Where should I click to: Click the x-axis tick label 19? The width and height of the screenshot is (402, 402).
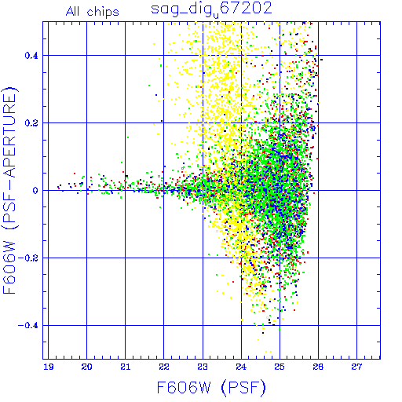pyautogui.click(x=48, y=367)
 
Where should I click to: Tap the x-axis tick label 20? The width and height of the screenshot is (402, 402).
pyautogui.click(x=86, y=367)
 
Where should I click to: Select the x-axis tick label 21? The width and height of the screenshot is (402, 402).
pyautogui.click(x=126, y=367)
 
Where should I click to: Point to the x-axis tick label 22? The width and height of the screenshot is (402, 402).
pyautogui.click(x=164, y=367)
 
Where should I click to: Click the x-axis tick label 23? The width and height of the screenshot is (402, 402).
pyautogui.click(x=203, y=367)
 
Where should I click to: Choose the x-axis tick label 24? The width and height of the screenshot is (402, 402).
pyautogui.click(x=241, y=367)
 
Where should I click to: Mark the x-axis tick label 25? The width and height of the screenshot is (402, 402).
pyautogui.click(x=280, y=367)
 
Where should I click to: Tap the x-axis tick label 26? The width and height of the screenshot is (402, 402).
pyautogui.click(x=318, y=367)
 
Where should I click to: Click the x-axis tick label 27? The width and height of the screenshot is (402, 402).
pyautogui.click(x=356, y=367)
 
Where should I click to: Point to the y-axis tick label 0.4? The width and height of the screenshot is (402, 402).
pyautogui.click(x=31, y=56)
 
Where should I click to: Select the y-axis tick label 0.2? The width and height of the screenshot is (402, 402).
pyautogui.click(x=31, y=123)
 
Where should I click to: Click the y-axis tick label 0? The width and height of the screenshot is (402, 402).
pyautogui.click(x=35, y=191)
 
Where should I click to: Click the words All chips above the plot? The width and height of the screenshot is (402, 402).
pyautogui.click(x=93, y=12)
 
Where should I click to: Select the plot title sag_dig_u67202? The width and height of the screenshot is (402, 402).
pyautogui.click(x=211, y=9)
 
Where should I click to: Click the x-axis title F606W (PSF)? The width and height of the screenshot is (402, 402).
pyautogui.click(x=211, y=387)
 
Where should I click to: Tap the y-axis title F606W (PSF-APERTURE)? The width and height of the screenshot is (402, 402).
pyautogui.click(x=9, y=191)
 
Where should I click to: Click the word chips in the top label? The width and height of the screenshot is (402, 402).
pyautogui.click(x=103, y=13)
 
